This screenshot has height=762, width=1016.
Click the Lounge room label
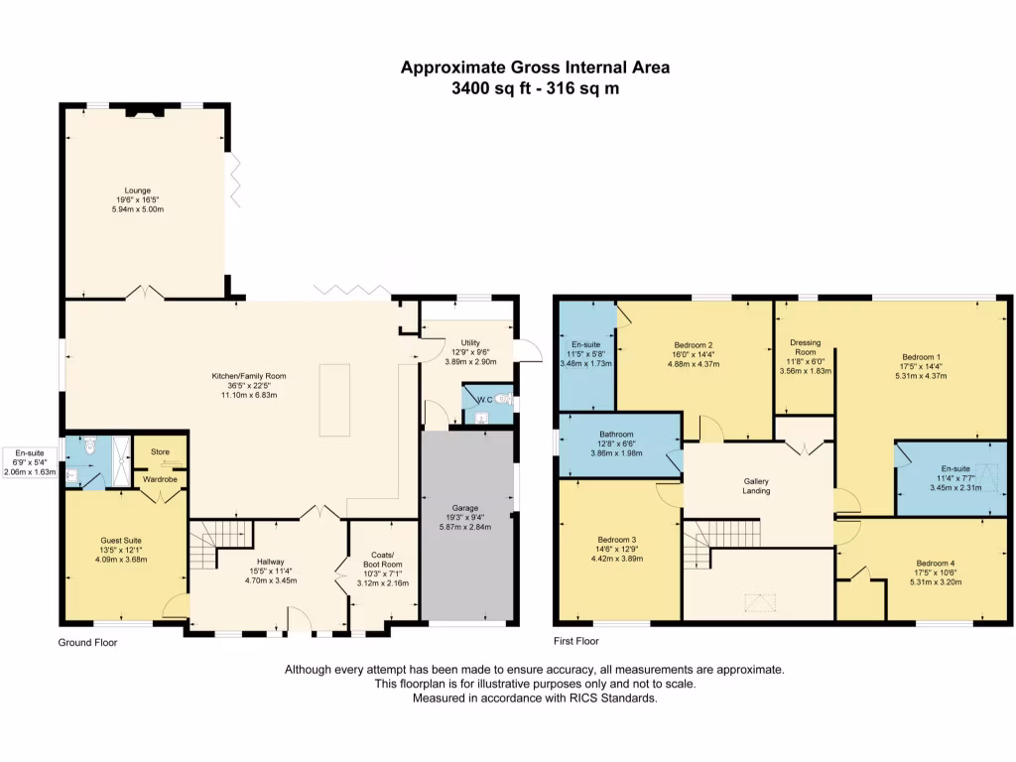137,190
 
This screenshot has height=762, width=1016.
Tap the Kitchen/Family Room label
249,376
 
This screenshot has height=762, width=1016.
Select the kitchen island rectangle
334,400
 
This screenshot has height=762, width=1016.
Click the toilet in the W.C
502,399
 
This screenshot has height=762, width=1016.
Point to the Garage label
465,508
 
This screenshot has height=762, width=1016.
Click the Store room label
160,451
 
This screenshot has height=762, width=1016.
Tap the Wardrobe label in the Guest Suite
160,479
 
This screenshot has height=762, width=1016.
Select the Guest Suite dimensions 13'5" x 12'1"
121,550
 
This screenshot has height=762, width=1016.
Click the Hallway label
271,562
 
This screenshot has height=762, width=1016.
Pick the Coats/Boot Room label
383,560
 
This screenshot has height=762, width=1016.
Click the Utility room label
470,342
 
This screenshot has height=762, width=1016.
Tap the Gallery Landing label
756,486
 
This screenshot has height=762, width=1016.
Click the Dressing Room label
806,347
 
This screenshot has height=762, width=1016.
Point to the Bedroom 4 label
936,564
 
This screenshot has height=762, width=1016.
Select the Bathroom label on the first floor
616,435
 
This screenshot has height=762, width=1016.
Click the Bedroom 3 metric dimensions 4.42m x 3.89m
617,559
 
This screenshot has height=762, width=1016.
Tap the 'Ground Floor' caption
87,643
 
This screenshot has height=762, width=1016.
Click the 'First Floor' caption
576,642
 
